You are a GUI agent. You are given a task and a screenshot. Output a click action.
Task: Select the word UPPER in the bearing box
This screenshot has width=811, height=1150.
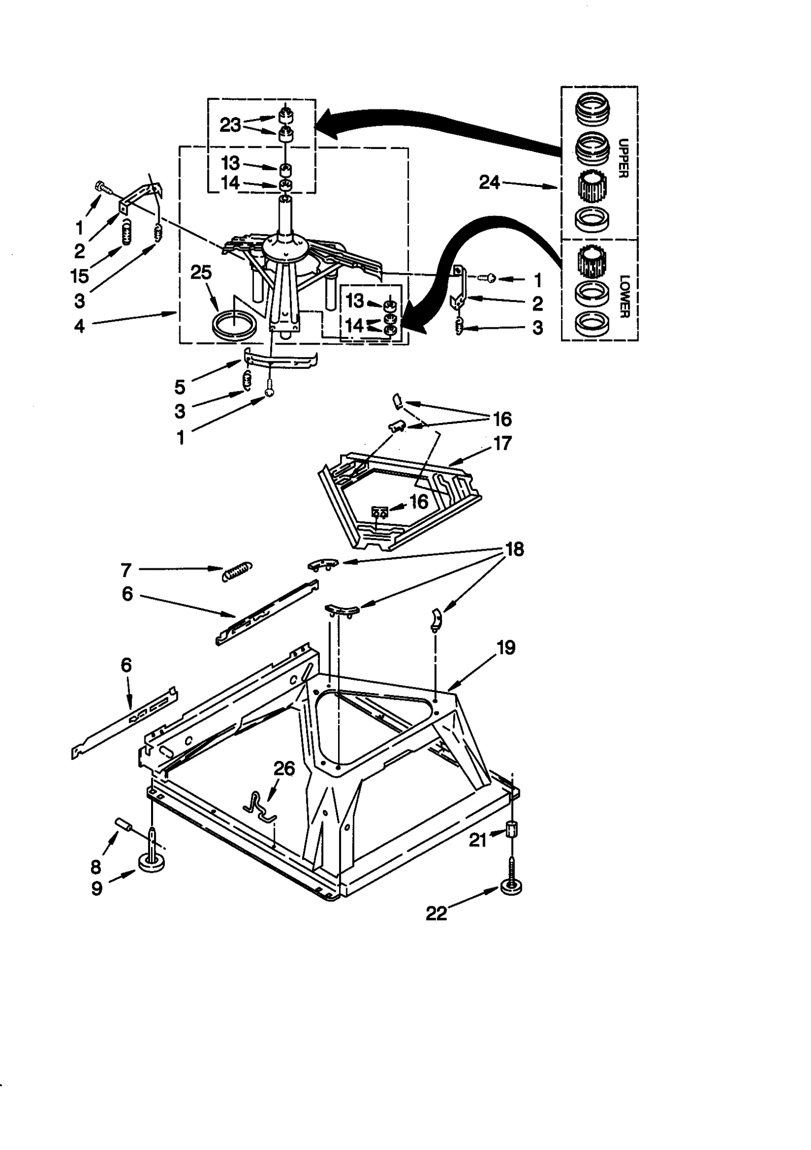[623, 158]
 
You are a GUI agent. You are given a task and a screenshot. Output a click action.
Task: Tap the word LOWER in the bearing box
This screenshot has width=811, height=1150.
[623, 296]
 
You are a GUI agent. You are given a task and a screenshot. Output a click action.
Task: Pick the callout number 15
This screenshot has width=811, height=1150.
[80, 276]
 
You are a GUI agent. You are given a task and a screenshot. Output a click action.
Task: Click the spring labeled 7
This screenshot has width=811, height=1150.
[237, 571]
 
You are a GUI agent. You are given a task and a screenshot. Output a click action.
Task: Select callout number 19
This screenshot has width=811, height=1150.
[506, 647]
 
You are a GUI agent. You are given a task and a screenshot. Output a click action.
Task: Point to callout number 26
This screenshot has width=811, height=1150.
[284, 769]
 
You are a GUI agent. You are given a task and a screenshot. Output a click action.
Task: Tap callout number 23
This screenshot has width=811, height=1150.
[230, 125]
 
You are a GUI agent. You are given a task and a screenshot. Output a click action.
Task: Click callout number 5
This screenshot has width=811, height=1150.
[180, 387]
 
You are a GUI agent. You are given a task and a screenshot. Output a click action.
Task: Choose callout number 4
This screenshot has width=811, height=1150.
[80, 326]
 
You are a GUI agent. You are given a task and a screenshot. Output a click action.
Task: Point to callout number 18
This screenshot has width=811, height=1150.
[514, 549]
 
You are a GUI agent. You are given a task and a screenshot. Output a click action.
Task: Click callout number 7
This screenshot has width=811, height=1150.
[126, 570]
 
